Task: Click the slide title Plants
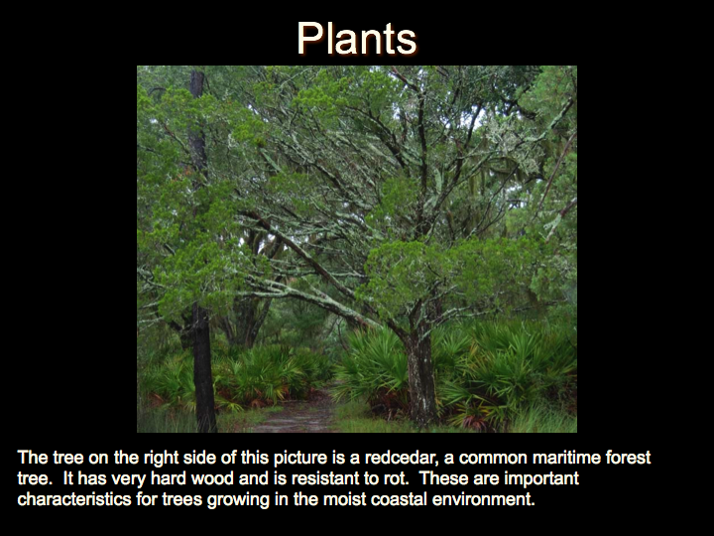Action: [x=357, y=39]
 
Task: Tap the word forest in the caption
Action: [x=628, y=458]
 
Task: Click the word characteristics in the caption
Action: [x=74, y=499]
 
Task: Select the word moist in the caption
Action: [x=344, y=499]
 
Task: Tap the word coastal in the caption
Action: [x=399, y=499]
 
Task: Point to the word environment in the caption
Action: [x=483, y=499]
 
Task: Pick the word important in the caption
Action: [x=541, y=478]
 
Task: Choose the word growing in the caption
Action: [x=238, y=500]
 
